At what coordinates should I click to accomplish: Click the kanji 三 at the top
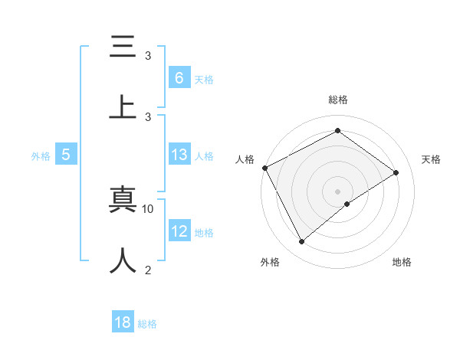(x=123, y=47)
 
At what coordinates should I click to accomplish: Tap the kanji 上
(x=123, y=107)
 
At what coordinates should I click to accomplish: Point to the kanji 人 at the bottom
(x=123, y=260)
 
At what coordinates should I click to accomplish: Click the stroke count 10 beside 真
(x=148, y=208)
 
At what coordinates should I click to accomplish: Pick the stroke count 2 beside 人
(x=148, y=270)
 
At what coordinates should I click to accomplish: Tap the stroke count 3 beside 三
(x=148, y=56)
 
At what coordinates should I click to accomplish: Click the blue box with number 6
(x=179, y=77)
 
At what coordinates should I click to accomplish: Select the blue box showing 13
(x=179, y=155)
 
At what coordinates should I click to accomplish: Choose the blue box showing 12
(x=179, y=231)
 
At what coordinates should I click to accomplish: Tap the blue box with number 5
(x=66, y=155)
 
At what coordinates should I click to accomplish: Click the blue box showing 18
(x=123, y=322)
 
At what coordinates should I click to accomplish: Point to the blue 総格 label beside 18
(x=147, y=324)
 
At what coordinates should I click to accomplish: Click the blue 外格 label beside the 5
(x=41, y=156)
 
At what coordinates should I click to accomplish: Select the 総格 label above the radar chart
(x=338, y=100)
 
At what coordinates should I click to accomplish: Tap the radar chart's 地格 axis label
(x=402, y=262)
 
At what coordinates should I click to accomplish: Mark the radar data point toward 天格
(x=396, y=172)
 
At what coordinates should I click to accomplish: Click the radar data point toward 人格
(x=264, y=168)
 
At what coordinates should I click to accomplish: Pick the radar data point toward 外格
(x=301, y=242)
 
